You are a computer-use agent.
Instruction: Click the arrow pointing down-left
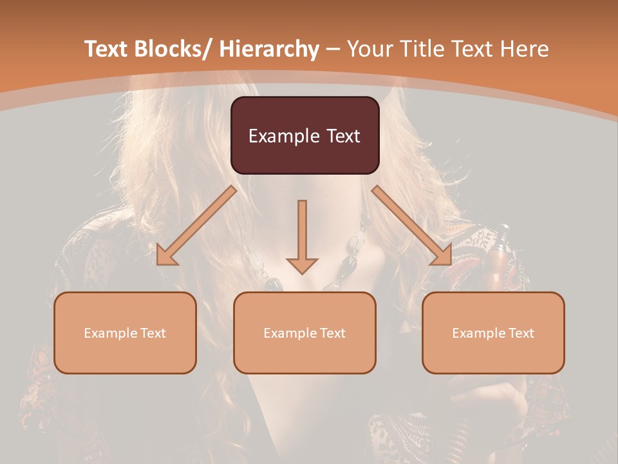[196, 226]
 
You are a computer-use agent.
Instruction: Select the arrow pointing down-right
[412, 226]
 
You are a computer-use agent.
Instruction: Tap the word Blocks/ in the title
[172, 49]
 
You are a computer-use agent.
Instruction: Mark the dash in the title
[333, 49]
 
